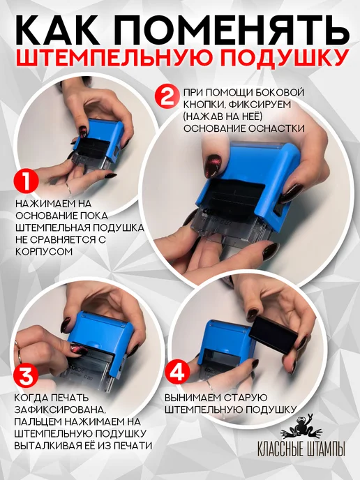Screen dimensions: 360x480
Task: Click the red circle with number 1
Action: click(x=27, y=181)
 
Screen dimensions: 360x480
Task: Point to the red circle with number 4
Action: click(x=177, y=372)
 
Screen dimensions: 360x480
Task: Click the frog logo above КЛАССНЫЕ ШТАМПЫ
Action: click(x=303, y=427)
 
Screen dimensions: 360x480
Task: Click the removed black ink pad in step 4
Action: click(x=273, y=335)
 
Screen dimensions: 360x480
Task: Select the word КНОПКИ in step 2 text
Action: click(x=203, y=105)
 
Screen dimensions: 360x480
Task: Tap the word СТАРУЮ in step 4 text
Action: click(x=246, y=398)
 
